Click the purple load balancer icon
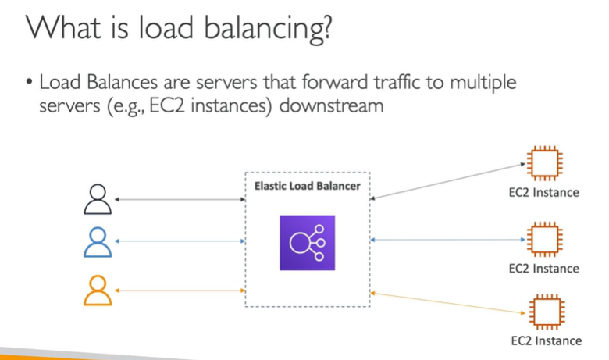307,243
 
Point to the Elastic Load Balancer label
307,186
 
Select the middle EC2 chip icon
543,240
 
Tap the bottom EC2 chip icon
543,312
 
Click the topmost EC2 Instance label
543,192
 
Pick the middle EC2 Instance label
543,268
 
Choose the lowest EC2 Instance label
546,340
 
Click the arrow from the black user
180,200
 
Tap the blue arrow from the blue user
180,241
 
